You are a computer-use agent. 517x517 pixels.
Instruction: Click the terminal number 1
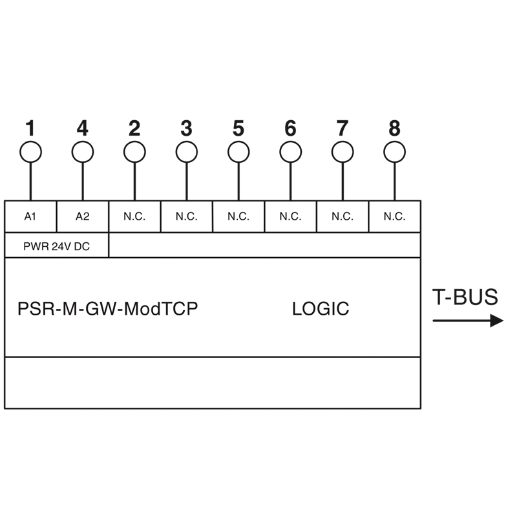(30, 128)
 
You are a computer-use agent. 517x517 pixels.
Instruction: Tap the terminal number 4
(83, 128)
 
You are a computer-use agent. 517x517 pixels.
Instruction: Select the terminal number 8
(395, 128)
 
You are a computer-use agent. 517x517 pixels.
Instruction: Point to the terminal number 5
(238, 128)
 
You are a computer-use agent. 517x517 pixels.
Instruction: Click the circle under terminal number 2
(134, 142)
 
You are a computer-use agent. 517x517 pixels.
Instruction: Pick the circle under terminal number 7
(343, 142)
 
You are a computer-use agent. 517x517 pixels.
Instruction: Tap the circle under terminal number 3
(187, 142)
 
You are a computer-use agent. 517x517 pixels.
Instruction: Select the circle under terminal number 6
(290, 142)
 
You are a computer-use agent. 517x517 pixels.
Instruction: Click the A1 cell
(30, 216)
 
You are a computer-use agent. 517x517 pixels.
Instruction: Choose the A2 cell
(83, 216)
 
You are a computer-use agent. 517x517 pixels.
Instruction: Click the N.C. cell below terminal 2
(134, 216)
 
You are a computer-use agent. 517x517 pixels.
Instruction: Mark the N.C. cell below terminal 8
(395, 216)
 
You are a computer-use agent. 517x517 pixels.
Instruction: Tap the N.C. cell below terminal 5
(238, 216)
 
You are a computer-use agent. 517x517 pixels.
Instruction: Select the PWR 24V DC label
(56, 246)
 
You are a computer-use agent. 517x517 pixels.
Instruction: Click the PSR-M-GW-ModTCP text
(107, 309)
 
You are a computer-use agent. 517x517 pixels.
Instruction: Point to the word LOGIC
(321, 309)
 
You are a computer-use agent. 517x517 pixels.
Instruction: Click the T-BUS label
(465, 297)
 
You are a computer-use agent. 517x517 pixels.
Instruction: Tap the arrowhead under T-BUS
(496, 321)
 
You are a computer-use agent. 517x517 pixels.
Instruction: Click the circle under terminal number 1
(30, 142)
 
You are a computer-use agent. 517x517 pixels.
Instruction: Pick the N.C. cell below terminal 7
(343, 216)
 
